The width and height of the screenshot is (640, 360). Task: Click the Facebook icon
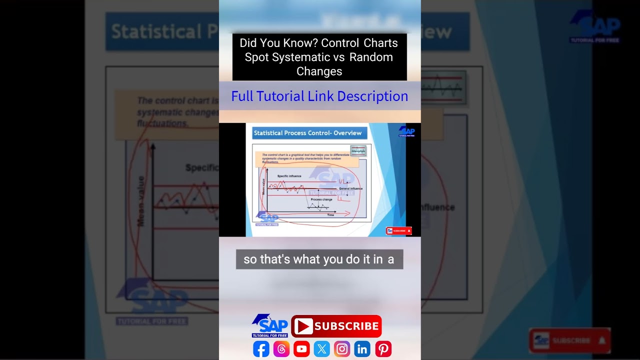click(x=261, y=348)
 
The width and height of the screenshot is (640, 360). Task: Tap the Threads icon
click(x=281, y=348)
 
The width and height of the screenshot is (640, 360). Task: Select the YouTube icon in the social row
click(x=301, y=348)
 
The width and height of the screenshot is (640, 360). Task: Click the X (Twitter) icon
click(x=322, y=348)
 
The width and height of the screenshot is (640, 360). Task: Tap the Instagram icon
click(x=342, y=348)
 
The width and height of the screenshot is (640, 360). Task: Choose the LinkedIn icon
click(x=362, y=348)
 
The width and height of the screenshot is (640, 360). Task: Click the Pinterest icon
click(x=383, y=348)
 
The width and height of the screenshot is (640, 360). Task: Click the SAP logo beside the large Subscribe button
click(x=270, y=326)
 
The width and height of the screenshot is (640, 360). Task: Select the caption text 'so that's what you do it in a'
click(x=319, y=259)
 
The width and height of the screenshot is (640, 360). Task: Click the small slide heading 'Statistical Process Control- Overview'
click(x=307, y=133)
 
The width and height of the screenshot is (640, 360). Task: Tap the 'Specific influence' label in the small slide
click(x=289, y=176)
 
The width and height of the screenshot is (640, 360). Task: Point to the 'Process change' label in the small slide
click(x=321, y=199)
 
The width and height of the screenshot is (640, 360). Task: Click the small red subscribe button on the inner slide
click(x=398, y=231)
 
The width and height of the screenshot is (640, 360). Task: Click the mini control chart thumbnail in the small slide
click(x=358, y=150)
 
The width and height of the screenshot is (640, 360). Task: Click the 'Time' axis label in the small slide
click(x=330, y=215)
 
